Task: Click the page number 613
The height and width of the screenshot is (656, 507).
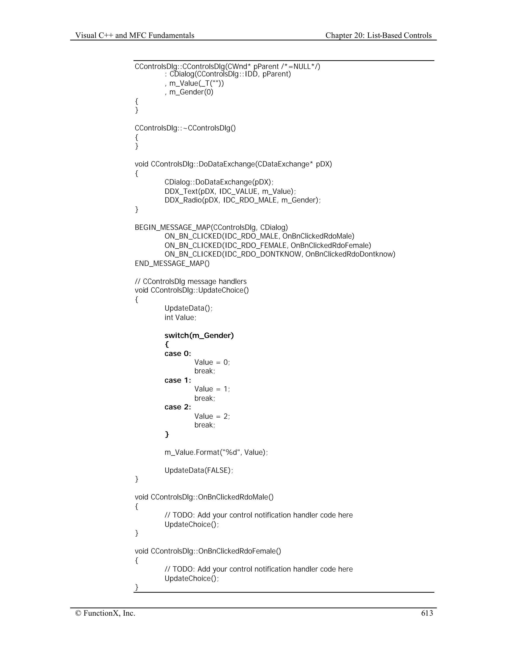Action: point(427,613)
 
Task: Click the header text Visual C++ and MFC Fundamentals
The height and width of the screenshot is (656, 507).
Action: point(135,35)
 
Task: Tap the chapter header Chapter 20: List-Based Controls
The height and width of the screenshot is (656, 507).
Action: point(379,35)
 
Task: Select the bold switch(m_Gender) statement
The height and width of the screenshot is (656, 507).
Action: point(199,335)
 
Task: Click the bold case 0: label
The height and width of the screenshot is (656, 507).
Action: point(177,353)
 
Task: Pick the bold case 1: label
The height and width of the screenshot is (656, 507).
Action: point(177,380)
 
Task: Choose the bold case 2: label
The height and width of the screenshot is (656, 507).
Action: point(177,407)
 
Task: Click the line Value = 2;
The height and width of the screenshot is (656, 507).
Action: point(212,416)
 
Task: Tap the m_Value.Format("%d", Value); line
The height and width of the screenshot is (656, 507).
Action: point(216,452)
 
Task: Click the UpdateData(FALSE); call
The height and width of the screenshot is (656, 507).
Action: point(199,470)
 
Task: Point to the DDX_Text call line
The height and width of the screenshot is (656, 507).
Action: point(230,191)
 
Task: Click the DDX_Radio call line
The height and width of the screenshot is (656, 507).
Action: point(242,200)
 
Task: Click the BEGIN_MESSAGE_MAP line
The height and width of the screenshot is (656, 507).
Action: point(211,227)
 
